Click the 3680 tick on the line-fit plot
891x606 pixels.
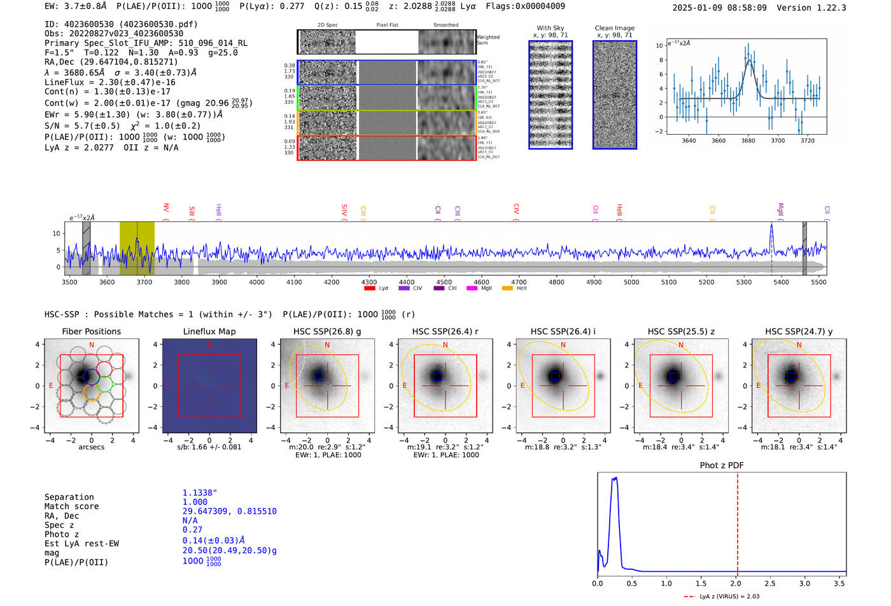click(x=748, y=141)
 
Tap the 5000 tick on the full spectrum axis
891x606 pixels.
click(x=631, y=282)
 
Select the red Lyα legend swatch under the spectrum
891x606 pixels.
click(x=369, y=288)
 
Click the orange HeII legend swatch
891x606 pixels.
click(x=507, y=288)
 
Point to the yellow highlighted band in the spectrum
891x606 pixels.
click(x=137, y=248)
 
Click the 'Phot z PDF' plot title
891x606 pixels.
click(x=721, y=465)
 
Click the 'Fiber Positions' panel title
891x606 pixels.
click(x=91, y=331)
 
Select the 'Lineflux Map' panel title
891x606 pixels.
click(x=209, y=331)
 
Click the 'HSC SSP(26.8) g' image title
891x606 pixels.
click(x=327, y=331)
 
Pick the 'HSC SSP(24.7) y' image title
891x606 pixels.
click(x=799, y=331)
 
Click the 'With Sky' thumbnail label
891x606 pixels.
click(x=550, y=28)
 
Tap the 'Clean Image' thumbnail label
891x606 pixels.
click(x=614, y=28)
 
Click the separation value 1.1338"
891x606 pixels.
click(x=200, y=493)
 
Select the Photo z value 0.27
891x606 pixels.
click(x=192, y=530)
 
